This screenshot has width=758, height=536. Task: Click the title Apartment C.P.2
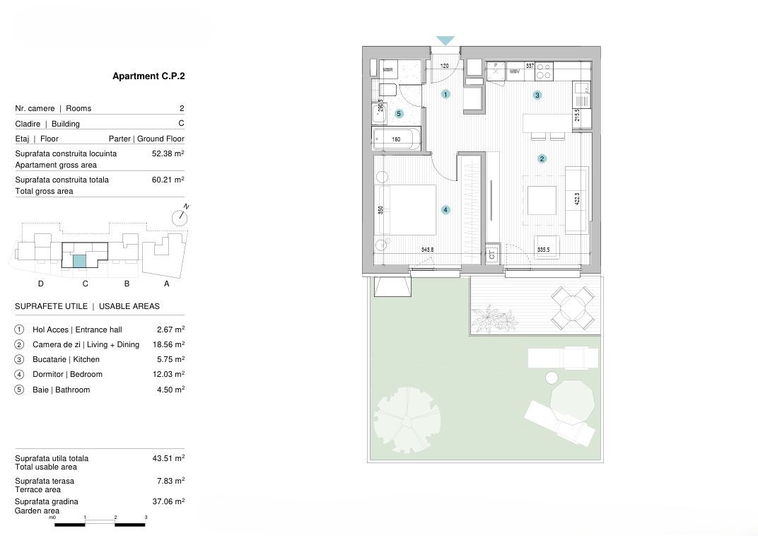pyautogui.click(x=148, y=76)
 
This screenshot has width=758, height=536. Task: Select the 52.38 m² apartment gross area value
pyautogui.click(x=168, y=153)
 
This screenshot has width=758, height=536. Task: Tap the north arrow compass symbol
pyautogui.click(x=180, y=217)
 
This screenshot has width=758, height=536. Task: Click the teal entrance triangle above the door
pyautogui.click(x=445, y=41)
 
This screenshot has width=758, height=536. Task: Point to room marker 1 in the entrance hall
pyautogui.click(x=445, y=94)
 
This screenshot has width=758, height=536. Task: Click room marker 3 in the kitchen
pyautogui.click(x=537, y=95)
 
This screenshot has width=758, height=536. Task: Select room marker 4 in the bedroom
pyautogui.click(x=445, y=209)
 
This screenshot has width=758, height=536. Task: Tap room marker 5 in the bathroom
pyautogui.click(x=399, y=113)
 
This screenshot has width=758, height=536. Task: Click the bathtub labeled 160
pyautogui.click(x=397, y=139)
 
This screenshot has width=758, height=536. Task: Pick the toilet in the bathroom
pyautogui.click(x=387, y=91)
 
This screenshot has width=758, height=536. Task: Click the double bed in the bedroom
pyautogui.click(x=409, y=209)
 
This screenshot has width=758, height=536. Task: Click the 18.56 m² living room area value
pyautogui.click(x=168, y=344)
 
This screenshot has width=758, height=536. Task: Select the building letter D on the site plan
pyautogui.click(x=41, y=284)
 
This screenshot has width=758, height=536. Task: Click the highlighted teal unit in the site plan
pyautogui.click(x=80, y=261)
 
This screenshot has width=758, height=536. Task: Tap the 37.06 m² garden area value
pyautogui.click(x=168, y=501)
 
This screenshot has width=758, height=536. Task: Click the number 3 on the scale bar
pyautogui.click(x=146, y=518)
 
